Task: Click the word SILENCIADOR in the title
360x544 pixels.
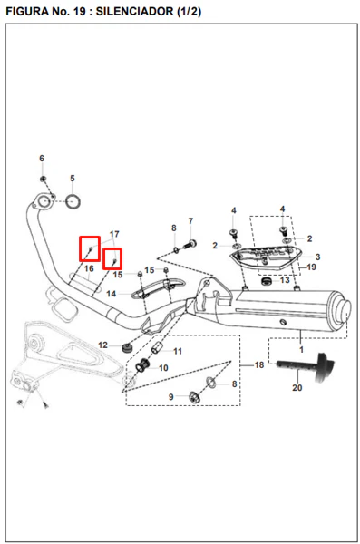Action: (x=135, y=12)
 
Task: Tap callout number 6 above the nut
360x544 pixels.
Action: (x=42, y=158)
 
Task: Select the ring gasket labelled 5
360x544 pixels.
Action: (x=73, y=202)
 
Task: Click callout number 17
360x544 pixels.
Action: (x=114, y=234)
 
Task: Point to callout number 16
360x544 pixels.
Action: (x=89, y=268)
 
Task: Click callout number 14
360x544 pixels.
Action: (x=111, y=294)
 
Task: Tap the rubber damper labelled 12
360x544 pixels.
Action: (x=128, y=347)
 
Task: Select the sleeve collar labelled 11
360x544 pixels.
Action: (x=157, y=347)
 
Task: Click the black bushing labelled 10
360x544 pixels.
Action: (x=142, y=365)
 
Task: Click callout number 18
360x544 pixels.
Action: (x=259, y=365)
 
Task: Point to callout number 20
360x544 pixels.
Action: (x=297, y=387)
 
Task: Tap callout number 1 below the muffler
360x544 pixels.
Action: (x=301, y=349)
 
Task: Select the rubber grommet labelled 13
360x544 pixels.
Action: (x=267, y=280)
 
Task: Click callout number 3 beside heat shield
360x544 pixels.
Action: (x=317, y=257)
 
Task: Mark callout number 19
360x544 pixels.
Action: (x=311, y=267)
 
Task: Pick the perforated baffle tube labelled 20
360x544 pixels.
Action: (x=306, y=367)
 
